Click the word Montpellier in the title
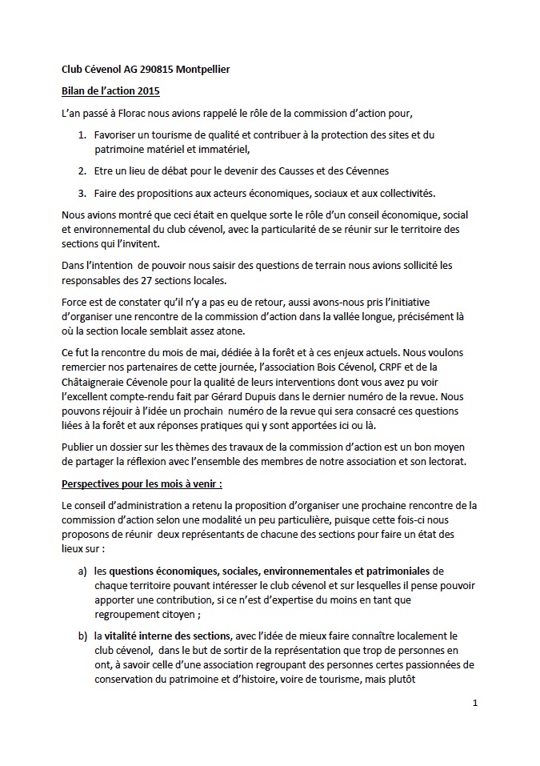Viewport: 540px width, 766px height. pos(200,70)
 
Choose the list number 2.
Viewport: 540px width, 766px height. pos(81,170)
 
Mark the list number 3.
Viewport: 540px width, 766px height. pos(81,193)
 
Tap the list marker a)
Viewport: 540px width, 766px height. pos(82,571)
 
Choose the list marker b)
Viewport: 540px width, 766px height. pos(82,636)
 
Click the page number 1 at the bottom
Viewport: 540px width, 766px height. pos(474,704)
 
